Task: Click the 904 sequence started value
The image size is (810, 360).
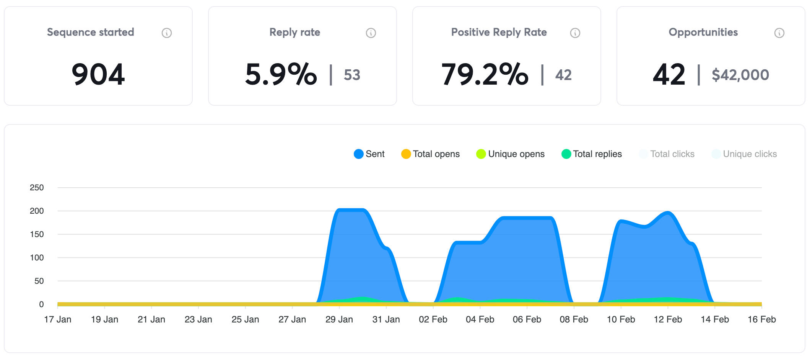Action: [98, 74]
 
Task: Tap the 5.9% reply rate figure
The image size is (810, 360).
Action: [281, 74]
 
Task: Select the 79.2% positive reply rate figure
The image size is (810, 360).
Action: [485, 74]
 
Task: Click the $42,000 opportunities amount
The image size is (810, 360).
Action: [740, 75]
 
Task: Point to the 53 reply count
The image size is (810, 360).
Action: [352, 75]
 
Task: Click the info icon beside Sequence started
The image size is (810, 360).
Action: [167, 33]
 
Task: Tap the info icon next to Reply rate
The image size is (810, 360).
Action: [371, 33]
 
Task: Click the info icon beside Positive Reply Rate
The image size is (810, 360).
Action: [575, 33]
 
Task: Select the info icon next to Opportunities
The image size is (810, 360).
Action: [779, 33]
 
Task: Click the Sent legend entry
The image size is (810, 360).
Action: [369, 154]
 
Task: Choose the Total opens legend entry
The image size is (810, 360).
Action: [431, 154]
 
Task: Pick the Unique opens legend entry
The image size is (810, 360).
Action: [511, 154]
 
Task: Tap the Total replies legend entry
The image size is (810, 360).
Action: [592, 154]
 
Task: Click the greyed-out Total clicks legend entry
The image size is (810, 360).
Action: [667, 154]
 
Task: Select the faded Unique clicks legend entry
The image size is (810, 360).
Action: [744, 154]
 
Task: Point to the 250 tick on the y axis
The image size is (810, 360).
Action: [37, 188]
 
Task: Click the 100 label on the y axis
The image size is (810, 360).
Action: [37, 258]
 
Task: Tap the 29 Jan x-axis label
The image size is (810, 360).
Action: [339, 319]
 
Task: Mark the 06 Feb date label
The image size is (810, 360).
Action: [527, 319]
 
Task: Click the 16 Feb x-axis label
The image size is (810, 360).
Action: [762, 319]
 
